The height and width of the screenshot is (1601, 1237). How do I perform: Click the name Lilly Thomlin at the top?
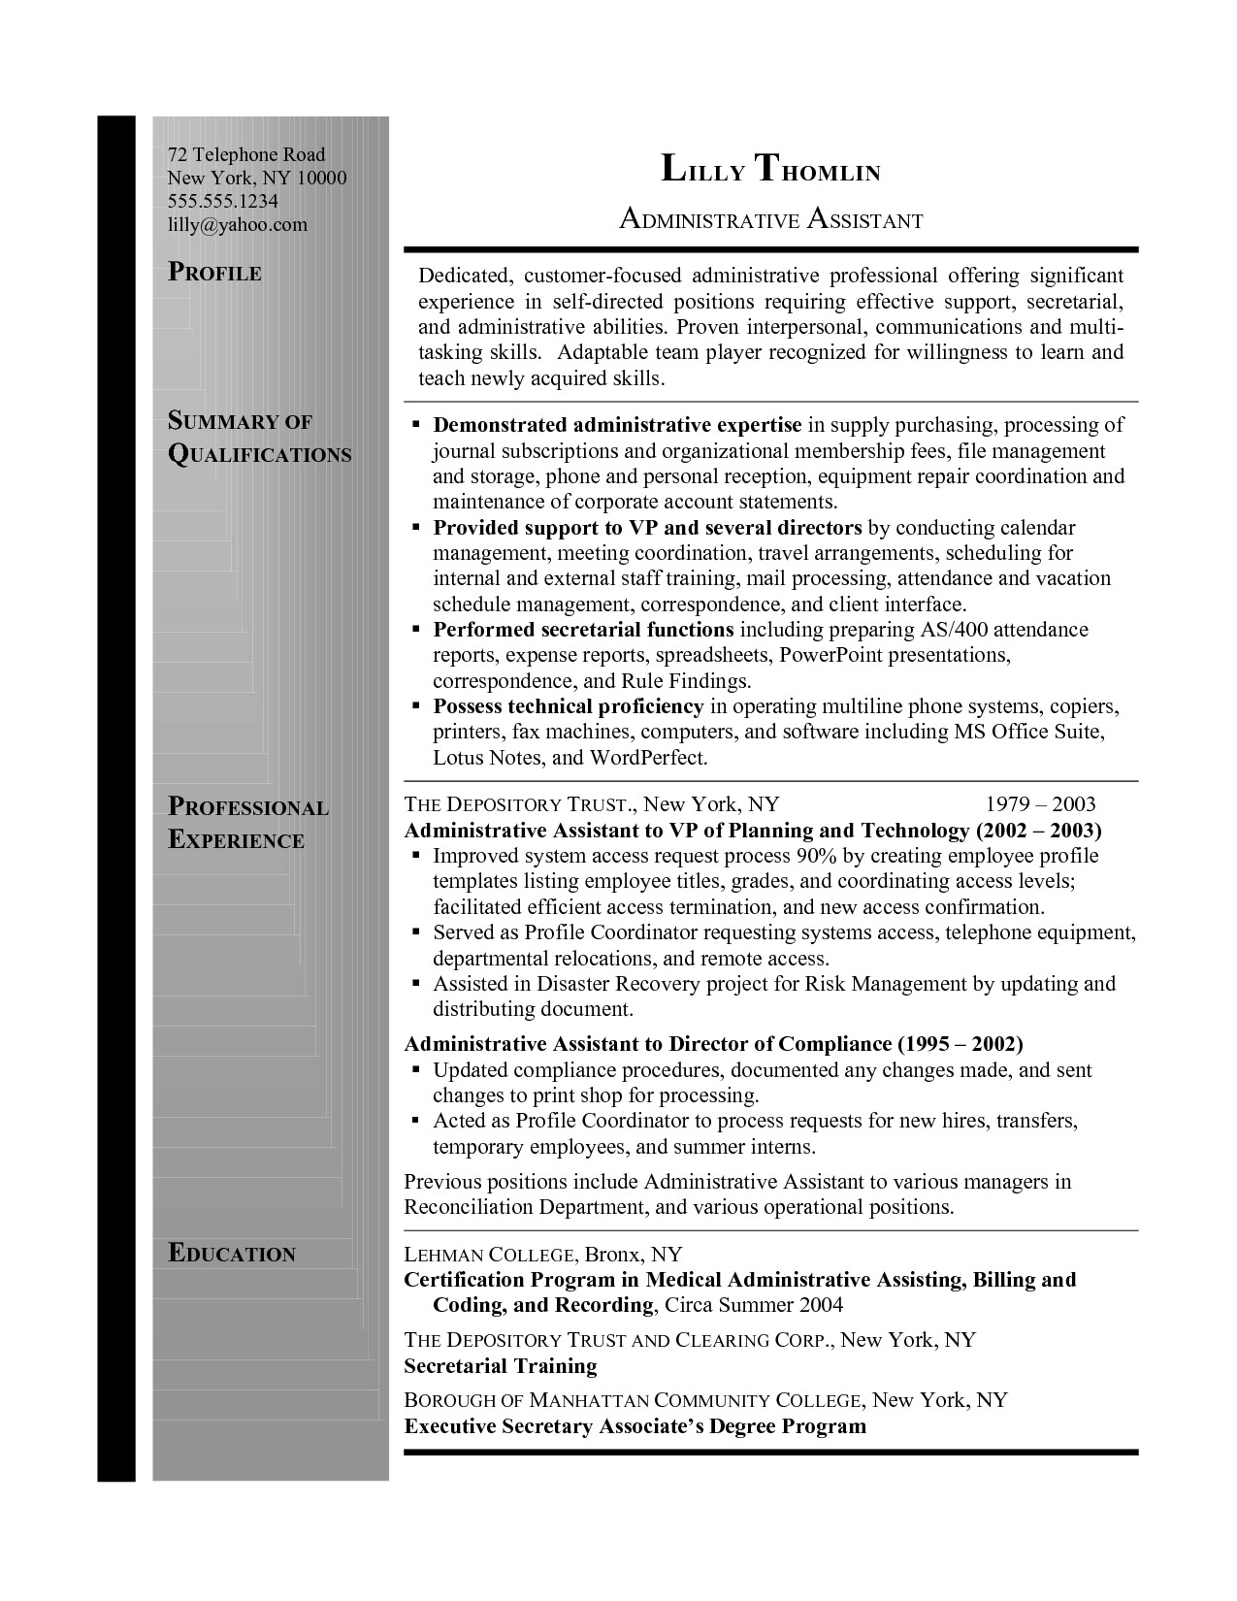[x=770, y=170]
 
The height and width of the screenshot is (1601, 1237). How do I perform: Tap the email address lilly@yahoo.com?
[x=237, y=224]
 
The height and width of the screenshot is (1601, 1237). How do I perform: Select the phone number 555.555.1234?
[x=223, y=201]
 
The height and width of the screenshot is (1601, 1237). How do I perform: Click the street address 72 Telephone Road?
[x=246, y=154]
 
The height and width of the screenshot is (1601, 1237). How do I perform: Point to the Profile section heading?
[x=214, y=273]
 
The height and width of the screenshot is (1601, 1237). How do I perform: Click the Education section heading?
[x=232, y=1254]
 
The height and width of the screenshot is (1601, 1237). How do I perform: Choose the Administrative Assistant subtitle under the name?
[x=770, y=220]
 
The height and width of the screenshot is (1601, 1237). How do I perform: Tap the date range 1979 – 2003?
[x=1040, y=804]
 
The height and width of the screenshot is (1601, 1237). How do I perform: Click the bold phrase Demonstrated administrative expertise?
[x=617, y=425]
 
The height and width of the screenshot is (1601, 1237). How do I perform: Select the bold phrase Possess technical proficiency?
[x=568, y=706]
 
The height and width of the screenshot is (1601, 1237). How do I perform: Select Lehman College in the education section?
[x=493, y=1254]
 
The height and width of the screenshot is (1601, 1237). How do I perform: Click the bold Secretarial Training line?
[x=500, y=1366]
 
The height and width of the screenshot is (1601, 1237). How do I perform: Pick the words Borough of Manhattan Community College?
[x=633, y=1400]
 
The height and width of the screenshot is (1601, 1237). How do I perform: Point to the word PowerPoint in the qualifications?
[x=831, y=655]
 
